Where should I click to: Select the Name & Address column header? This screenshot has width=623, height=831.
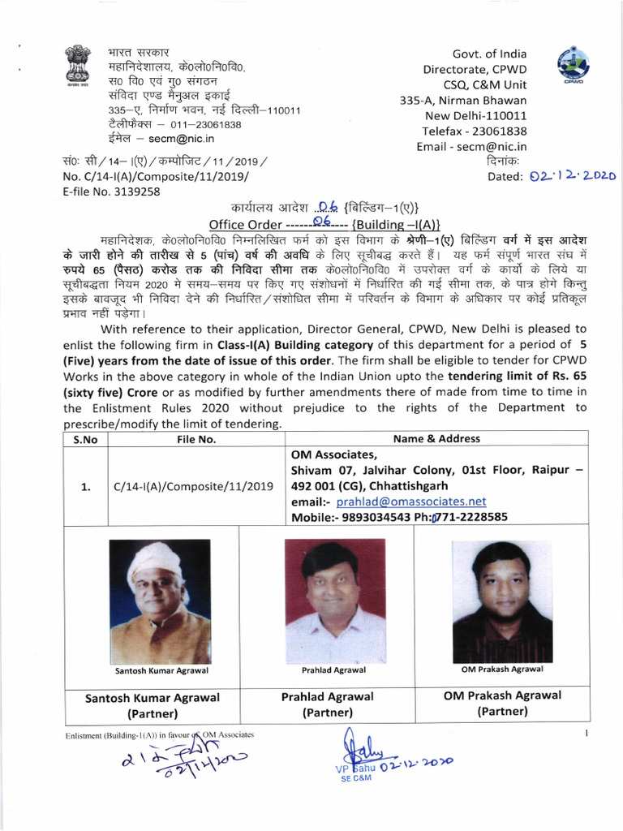(x=436, y=439)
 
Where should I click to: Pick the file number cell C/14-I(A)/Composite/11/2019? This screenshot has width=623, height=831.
(x=194, y=486)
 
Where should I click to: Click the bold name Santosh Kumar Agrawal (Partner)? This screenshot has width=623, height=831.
(x=153, y=705)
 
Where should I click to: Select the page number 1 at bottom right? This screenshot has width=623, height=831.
(x=586, y=734)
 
